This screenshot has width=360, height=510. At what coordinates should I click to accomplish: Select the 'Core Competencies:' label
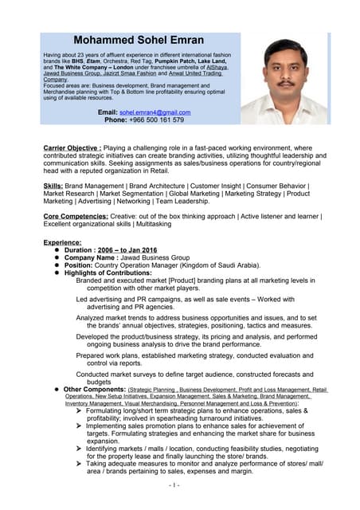(77, 216)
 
